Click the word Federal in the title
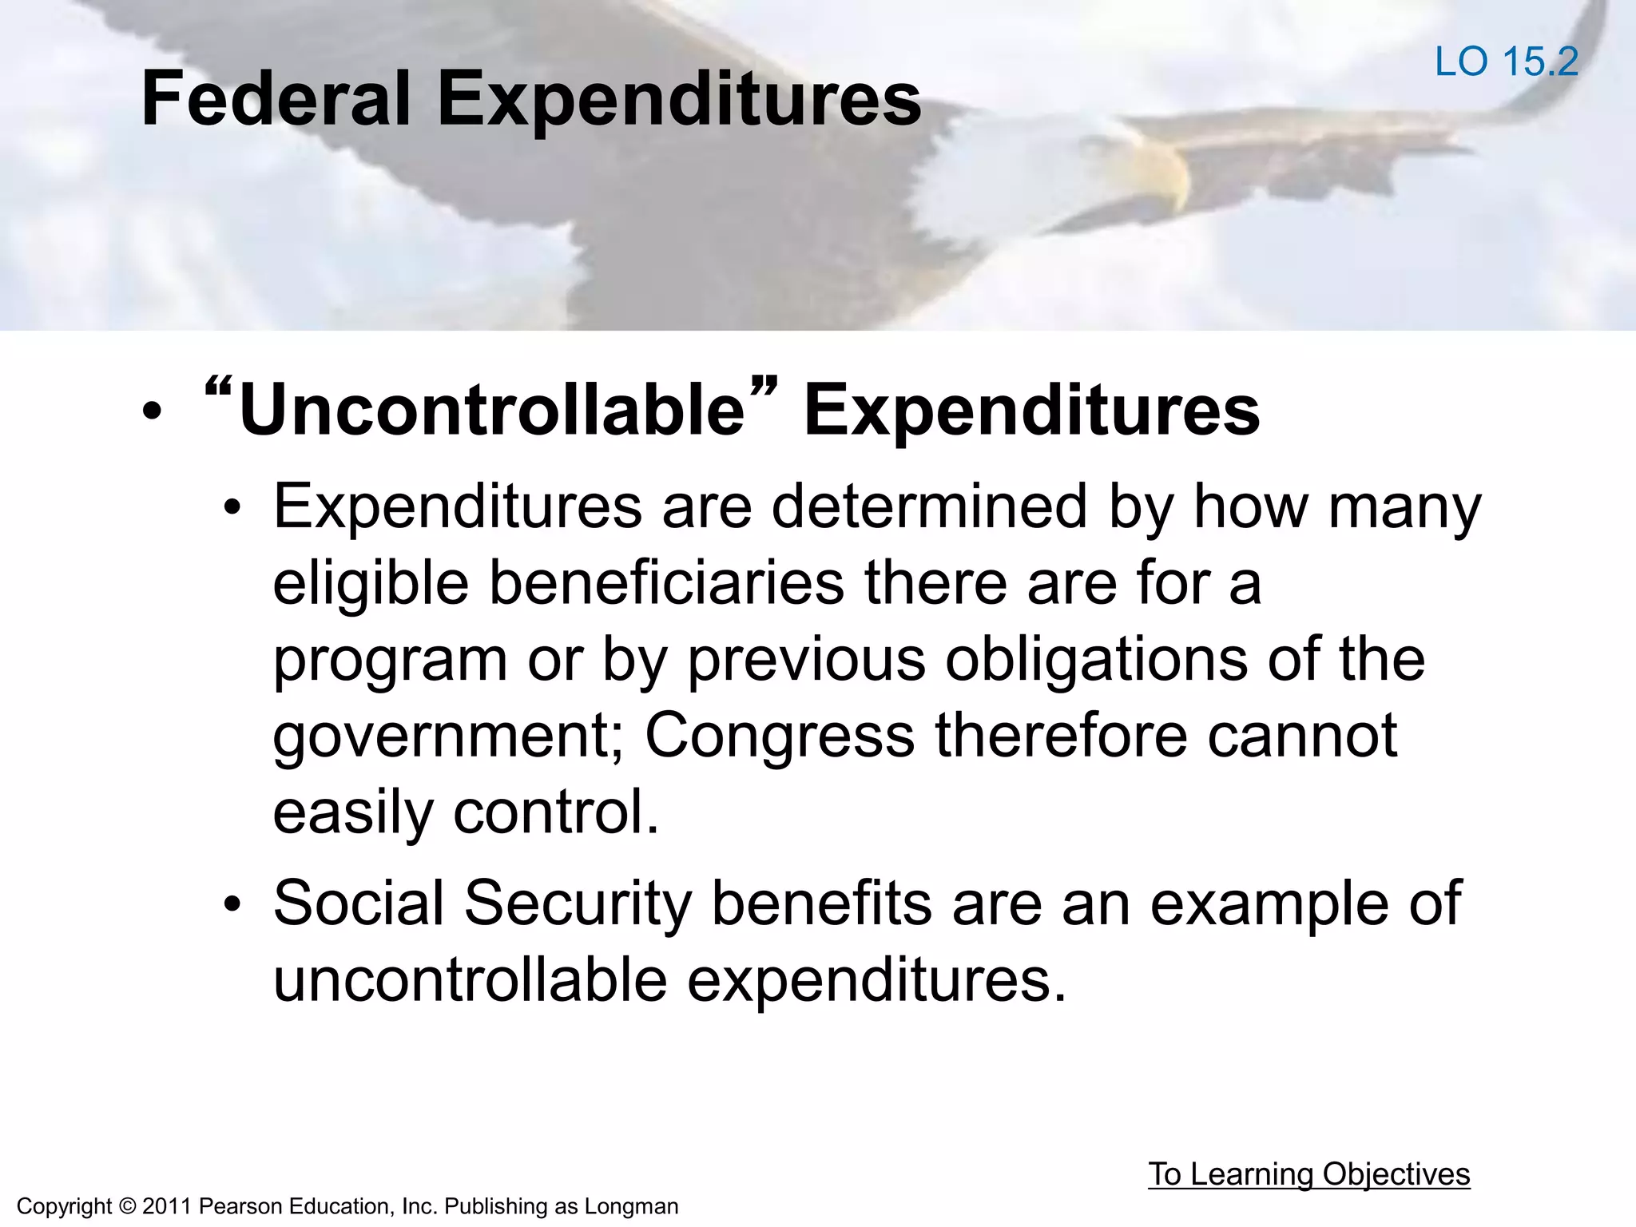[276, 99]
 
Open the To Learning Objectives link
[1308, 1174]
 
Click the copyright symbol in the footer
[127, 1206]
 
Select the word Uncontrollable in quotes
[491, 411]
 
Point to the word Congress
[779, 735]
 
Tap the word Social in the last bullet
[359, 903]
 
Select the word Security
[578, 903]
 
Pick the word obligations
[1095, 659]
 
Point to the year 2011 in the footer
[167, 1206]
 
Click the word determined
[928, 506]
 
